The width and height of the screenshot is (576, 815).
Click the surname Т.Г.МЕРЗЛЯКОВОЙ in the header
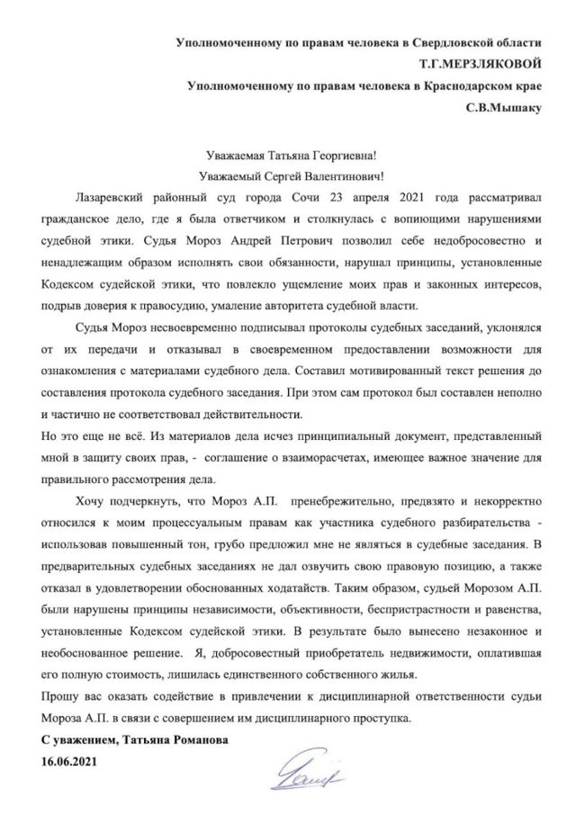tap(478, 65)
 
